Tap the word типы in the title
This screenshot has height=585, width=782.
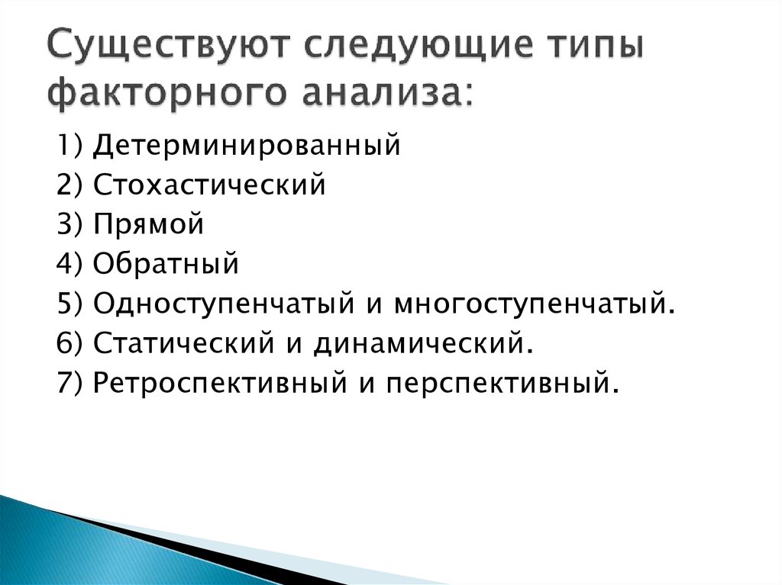pyautogui.click(x=587, y=50)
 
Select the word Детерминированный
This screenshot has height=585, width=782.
pyautogui.click(x=247, y=145)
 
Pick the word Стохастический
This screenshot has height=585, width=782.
pyautogui.click(x=208, y=185)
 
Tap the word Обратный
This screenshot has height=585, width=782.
pyautogui.click(x=166, y=264)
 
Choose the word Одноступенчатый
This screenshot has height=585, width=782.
pyautogui.click(x=221, y=304)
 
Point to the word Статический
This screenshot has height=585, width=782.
pyautogui.click(x=190, y=343)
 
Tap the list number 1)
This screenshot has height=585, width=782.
pyautogui.click(x=70, y=145)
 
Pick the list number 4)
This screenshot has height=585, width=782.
pyautogui.click(x=70, y=264)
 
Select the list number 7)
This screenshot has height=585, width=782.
pyautogui.click(x=70, y=383)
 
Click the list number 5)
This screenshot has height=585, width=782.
pyautogui.click(x=70, y=304)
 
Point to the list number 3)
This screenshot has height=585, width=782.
pyautogui.click(x=70, y=224)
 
